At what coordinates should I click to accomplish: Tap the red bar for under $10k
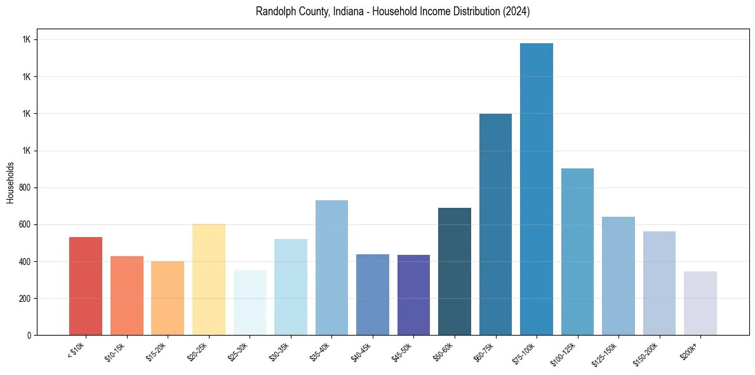86,286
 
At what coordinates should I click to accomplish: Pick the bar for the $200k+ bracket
700,303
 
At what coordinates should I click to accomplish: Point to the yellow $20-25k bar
208,280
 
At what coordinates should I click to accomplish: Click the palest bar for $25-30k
250,303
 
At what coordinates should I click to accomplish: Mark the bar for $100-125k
577,252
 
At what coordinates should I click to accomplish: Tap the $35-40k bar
331,268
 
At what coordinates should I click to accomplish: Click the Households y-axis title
10,182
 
